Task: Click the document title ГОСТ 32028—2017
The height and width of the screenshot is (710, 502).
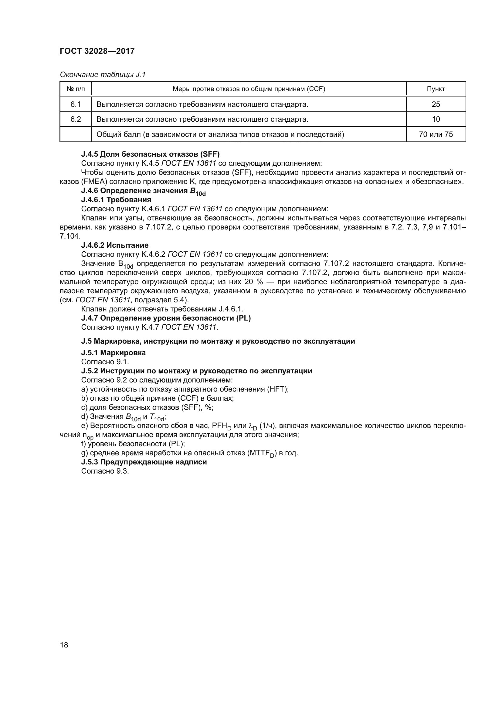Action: coord(97,51)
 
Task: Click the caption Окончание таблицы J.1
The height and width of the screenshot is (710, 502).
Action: coord(102,75)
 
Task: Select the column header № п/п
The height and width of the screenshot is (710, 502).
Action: coord(76,89)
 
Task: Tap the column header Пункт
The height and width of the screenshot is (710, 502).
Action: coord(436,89)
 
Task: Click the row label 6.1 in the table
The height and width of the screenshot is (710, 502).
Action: coord(76,104)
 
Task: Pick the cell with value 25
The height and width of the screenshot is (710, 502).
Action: coord(436,104)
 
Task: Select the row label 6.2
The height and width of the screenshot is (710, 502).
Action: coord(76,119)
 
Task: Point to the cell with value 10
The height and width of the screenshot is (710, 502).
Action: coord(436,119)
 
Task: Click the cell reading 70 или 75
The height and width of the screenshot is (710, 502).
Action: coord(436,134)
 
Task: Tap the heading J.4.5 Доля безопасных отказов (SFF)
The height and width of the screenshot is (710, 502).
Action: coord(150,154)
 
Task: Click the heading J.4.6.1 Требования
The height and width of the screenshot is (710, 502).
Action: coord(116,200)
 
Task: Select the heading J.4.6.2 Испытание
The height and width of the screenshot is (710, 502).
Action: coord(115,245)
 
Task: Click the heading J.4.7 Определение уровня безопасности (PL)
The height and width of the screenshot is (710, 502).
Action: coord(166,318)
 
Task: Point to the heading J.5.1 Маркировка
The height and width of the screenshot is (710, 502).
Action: coord(113,353)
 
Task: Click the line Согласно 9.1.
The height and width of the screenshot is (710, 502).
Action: coord(105,362)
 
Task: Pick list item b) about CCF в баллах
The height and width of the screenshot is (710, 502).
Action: coord(157,398)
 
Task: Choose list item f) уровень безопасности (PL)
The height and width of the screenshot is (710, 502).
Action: coord(133,444)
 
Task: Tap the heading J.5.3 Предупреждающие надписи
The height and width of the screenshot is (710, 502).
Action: coord(144,462)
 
